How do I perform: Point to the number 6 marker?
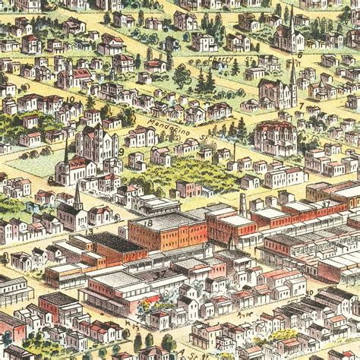pos(300,55)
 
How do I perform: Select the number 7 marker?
pos(302,106)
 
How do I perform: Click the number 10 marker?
pos(71,99)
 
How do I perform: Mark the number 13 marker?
pos(90,232)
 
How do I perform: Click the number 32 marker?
pos(160,272)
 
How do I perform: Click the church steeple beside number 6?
pos(291,23)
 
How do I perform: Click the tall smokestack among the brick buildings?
pos(242,203)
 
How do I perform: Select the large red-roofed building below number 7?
pos(275,137)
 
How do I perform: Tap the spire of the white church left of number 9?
pos(67,152)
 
